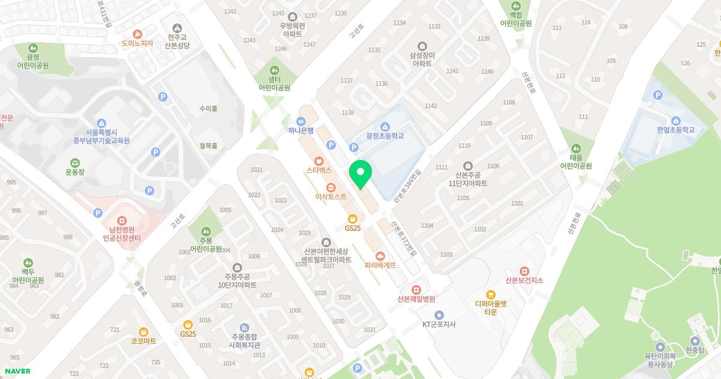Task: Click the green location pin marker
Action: [x=360, y=174]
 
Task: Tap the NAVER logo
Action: [x=17, y=371]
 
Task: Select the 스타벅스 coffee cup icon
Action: [x=319, y=161]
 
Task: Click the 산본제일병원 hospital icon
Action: [x=416, y=289]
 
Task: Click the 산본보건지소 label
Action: [x=524, y=280]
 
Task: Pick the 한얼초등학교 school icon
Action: [x=676, y=120]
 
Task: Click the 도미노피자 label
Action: [x=138, y=43]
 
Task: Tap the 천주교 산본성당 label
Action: [x=177, y=41]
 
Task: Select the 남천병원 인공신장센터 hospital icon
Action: [x=122, y=221]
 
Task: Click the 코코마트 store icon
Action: [x=144, y=331]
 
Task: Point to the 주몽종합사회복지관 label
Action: [x=243, y=341]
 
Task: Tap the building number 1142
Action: [x=431, y=106]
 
